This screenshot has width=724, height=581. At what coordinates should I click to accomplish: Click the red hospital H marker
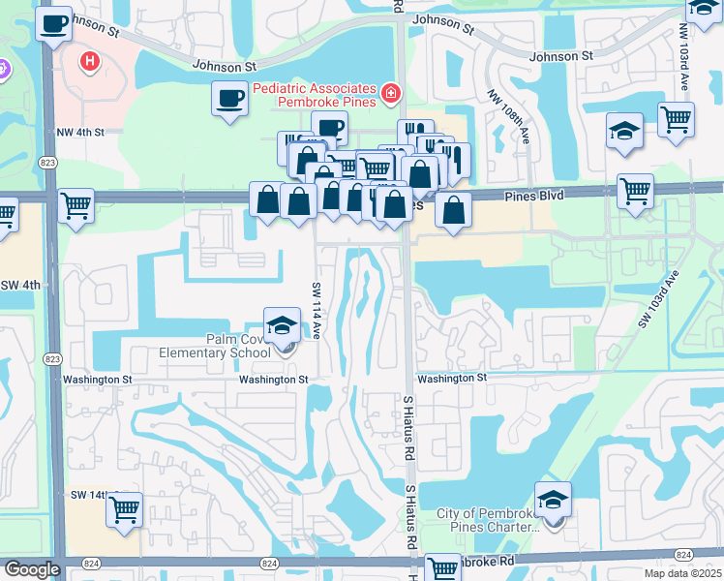(90, 62)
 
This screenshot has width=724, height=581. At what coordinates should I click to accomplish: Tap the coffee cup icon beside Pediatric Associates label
(229, 99)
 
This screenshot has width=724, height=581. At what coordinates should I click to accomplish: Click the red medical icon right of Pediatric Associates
(390, 94)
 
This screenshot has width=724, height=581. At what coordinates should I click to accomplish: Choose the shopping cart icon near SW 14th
(124, 508)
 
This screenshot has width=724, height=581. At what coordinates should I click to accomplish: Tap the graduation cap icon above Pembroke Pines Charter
(553, 500)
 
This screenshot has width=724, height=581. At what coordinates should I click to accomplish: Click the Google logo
(32, 569)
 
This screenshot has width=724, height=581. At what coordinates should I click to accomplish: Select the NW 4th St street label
(79, 132)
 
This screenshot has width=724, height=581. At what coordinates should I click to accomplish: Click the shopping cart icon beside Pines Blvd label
(635, 191)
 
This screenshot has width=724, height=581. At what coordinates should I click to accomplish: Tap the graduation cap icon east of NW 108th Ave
(625, 131)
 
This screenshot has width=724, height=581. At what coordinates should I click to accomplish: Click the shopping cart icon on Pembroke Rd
(442, 568)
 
